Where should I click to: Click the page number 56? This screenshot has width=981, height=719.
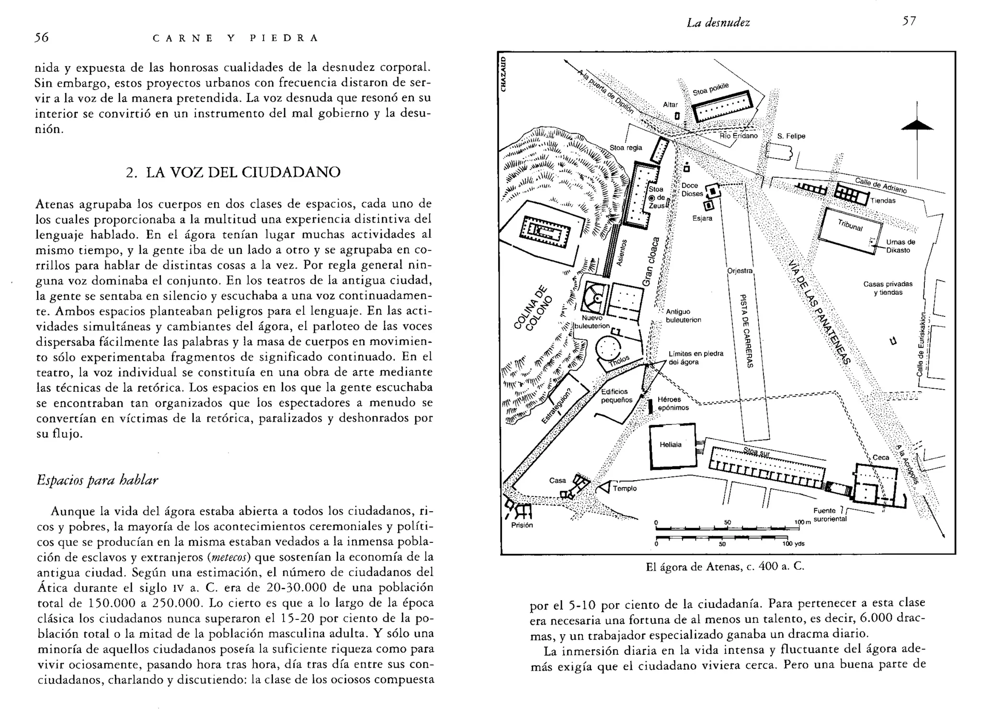tap(42, 38)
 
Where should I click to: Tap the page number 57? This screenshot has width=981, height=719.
tap(909, 21)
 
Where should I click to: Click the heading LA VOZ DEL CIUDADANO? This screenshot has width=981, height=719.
tap(233, 172)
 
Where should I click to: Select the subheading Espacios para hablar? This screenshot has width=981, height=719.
tap(97, 480)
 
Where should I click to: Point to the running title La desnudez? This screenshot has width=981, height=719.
tap(718, 22)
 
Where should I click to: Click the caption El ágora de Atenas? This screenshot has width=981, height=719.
tap(725, 567)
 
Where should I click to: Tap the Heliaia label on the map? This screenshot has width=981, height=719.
tap(670, 445)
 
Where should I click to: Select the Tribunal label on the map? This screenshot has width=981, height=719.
tap(850, 225)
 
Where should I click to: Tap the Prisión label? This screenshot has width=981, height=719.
tap(522, 525)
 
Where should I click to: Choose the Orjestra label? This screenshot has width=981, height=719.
tap(740, 271)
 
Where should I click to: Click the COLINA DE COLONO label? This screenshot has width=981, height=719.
tap(532, 308)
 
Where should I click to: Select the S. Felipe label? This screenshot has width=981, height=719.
tap(791, 136)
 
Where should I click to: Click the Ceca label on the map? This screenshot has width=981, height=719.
tap(880, 457)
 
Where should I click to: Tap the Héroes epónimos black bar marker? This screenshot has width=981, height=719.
tap(650, 406)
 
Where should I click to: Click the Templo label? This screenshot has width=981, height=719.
tap(625, 488)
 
